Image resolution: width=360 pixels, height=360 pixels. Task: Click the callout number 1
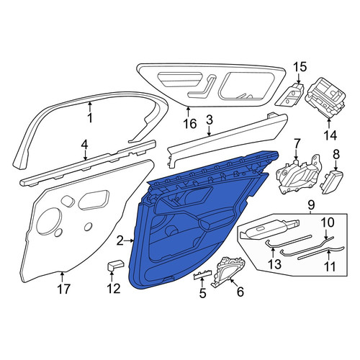(x=90, y=118)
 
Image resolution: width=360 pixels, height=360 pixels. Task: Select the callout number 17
(x=63, y=289)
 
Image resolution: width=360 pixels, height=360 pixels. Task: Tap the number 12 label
(x=113, y=288)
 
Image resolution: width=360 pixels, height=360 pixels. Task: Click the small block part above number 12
(x=115, y=265)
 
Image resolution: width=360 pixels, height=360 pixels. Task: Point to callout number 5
(x=202, y=293)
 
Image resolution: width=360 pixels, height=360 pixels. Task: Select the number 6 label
(x=240, y=292)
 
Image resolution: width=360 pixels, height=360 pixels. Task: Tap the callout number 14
(x=330, y=135)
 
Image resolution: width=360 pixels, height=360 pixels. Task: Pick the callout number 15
(x=300, y=66)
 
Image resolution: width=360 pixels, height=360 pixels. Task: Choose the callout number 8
(x=336, y=155)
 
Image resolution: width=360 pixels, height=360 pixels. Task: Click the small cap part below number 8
(x=332, y=181)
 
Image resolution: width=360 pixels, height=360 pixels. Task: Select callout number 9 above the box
(x=311, y=204)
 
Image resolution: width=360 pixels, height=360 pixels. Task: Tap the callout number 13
(x=274, y=264)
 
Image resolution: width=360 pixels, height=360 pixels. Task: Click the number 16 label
(x=190, y=124)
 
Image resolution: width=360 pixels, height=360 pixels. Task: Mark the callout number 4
(x=84, y=145)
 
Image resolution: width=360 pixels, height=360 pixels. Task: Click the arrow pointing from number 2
(x=130, y=240)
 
